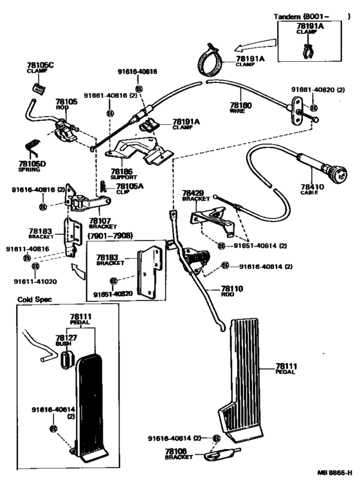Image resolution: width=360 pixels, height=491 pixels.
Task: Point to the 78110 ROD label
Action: click(x=232, y=290)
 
